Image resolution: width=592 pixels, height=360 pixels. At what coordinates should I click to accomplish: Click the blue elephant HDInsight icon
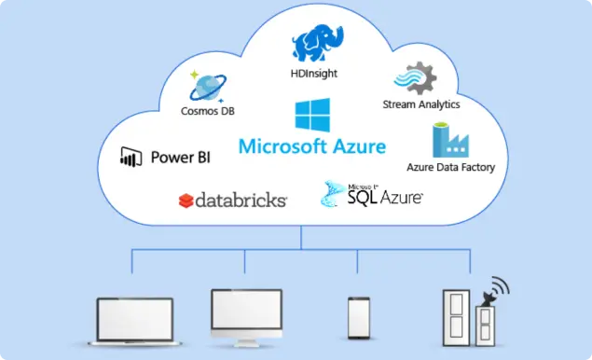click(313, 43)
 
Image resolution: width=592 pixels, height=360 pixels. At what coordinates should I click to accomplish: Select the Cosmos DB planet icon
click(210, 85)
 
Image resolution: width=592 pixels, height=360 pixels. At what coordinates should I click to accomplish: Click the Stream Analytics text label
click(421, 104)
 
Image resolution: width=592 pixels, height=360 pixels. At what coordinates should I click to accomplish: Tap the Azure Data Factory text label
click(450, 168)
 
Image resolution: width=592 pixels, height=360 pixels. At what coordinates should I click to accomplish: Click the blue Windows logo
click(311, 116)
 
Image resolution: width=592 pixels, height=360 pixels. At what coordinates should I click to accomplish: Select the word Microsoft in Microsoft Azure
click(282, 146)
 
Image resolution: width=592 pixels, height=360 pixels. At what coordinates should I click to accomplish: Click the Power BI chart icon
click(130, 157)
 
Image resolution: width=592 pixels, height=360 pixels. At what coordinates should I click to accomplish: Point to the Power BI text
click(180, 157)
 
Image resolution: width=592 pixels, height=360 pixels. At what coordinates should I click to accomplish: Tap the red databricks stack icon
click(186, 200)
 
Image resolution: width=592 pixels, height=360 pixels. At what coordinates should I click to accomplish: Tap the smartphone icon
click(359, 318)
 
